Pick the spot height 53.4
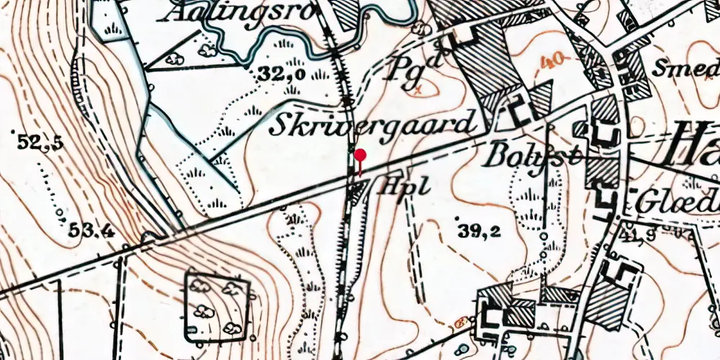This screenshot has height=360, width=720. (x=93, y=230)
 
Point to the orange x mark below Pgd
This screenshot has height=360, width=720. (x=417, y=90)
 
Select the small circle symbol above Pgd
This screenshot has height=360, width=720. (x=420, y=27)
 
